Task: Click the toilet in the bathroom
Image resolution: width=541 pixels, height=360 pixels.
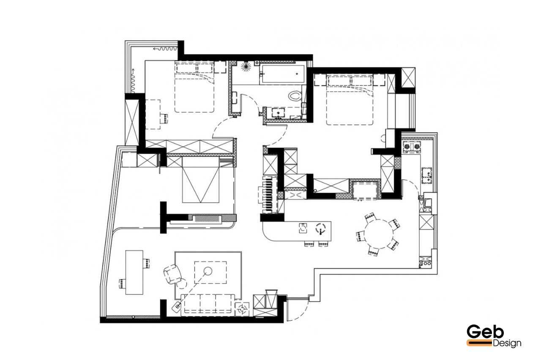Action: (295, 96)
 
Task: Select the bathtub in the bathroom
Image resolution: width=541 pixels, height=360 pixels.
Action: (282, 74)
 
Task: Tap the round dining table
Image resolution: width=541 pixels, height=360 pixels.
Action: (378, 234)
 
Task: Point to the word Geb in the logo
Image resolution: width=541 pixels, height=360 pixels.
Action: (485, 332)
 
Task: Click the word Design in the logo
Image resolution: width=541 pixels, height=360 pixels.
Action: (507, 343)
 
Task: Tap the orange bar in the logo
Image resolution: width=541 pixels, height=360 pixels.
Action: (479, 343)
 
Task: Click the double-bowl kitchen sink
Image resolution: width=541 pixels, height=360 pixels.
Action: (427, 176)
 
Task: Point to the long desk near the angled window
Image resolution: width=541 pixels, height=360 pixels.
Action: (134, 273)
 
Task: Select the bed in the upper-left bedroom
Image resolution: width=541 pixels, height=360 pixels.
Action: (194, 87)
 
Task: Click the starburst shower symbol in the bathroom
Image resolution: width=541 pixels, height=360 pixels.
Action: (246, 66)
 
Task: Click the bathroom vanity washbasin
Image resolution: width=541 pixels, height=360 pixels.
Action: (278, 113)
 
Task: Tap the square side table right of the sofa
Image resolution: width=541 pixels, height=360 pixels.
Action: (242, 309)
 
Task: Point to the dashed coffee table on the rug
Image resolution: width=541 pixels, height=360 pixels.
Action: (210, 273)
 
